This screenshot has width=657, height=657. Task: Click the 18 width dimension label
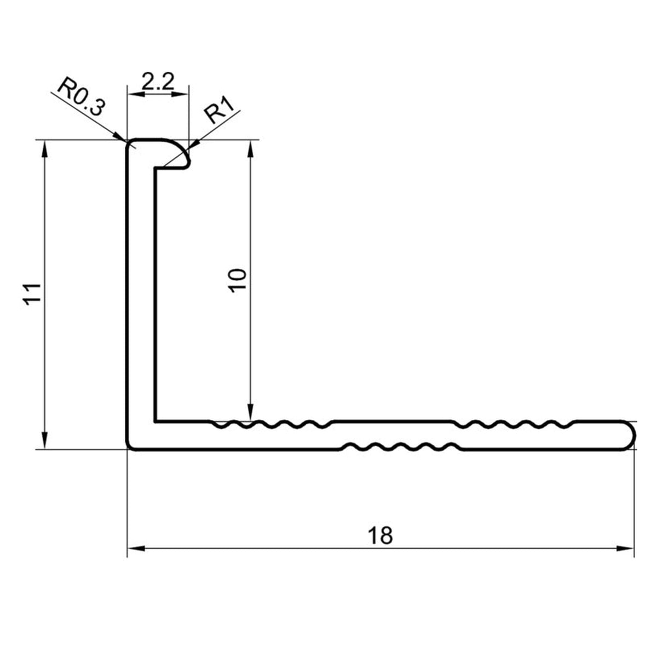coord(380,535)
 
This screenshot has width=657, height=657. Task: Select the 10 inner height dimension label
coord(238,280)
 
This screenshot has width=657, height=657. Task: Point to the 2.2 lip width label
coord(158,81)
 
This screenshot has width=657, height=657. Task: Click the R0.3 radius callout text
coord(81,97)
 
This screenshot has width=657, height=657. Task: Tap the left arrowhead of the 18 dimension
coord(136,558)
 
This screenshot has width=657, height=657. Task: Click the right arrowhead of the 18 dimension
coord(625,558)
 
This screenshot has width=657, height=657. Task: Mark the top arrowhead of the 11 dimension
coord(44,149)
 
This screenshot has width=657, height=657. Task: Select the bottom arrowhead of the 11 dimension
coord(44,441)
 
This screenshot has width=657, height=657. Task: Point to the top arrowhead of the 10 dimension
coord(250,149)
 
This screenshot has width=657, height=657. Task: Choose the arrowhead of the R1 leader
coord(194,145)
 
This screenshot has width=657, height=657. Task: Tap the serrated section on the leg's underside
coord(401,446)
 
